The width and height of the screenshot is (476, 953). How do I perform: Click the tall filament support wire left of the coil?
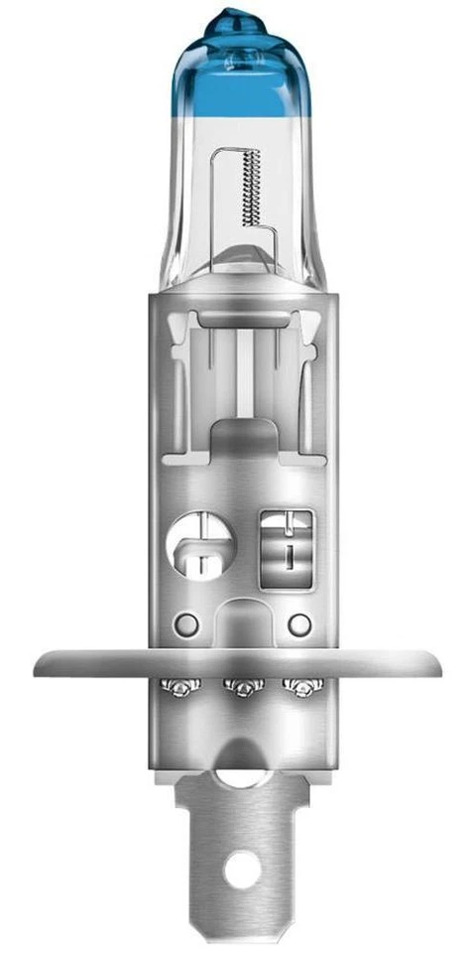(x=217, y=199)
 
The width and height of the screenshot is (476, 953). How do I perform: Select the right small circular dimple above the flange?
(x=297, y=624)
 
